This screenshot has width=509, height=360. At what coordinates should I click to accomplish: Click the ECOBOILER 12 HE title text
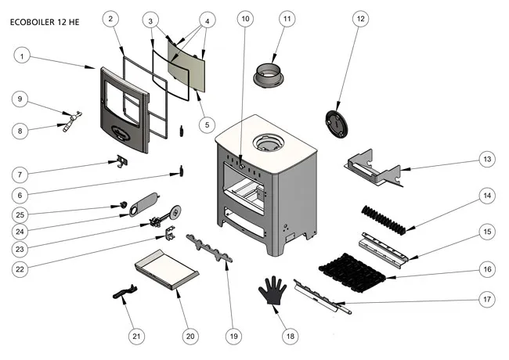pyautogui.click(x=45, y=23)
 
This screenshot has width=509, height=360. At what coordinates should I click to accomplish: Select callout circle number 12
pyautogui.click(x=359, y=17)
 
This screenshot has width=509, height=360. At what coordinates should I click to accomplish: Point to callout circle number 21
pyautogui.click(x=136, y=337)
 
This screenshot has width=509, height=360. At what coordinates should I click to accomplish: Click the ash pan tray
pyautogui.click(x=165, y=270)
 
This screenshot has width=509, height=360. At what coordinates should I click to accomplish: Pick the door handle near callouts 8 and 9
pyautogui.click(x=72, y=121)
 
